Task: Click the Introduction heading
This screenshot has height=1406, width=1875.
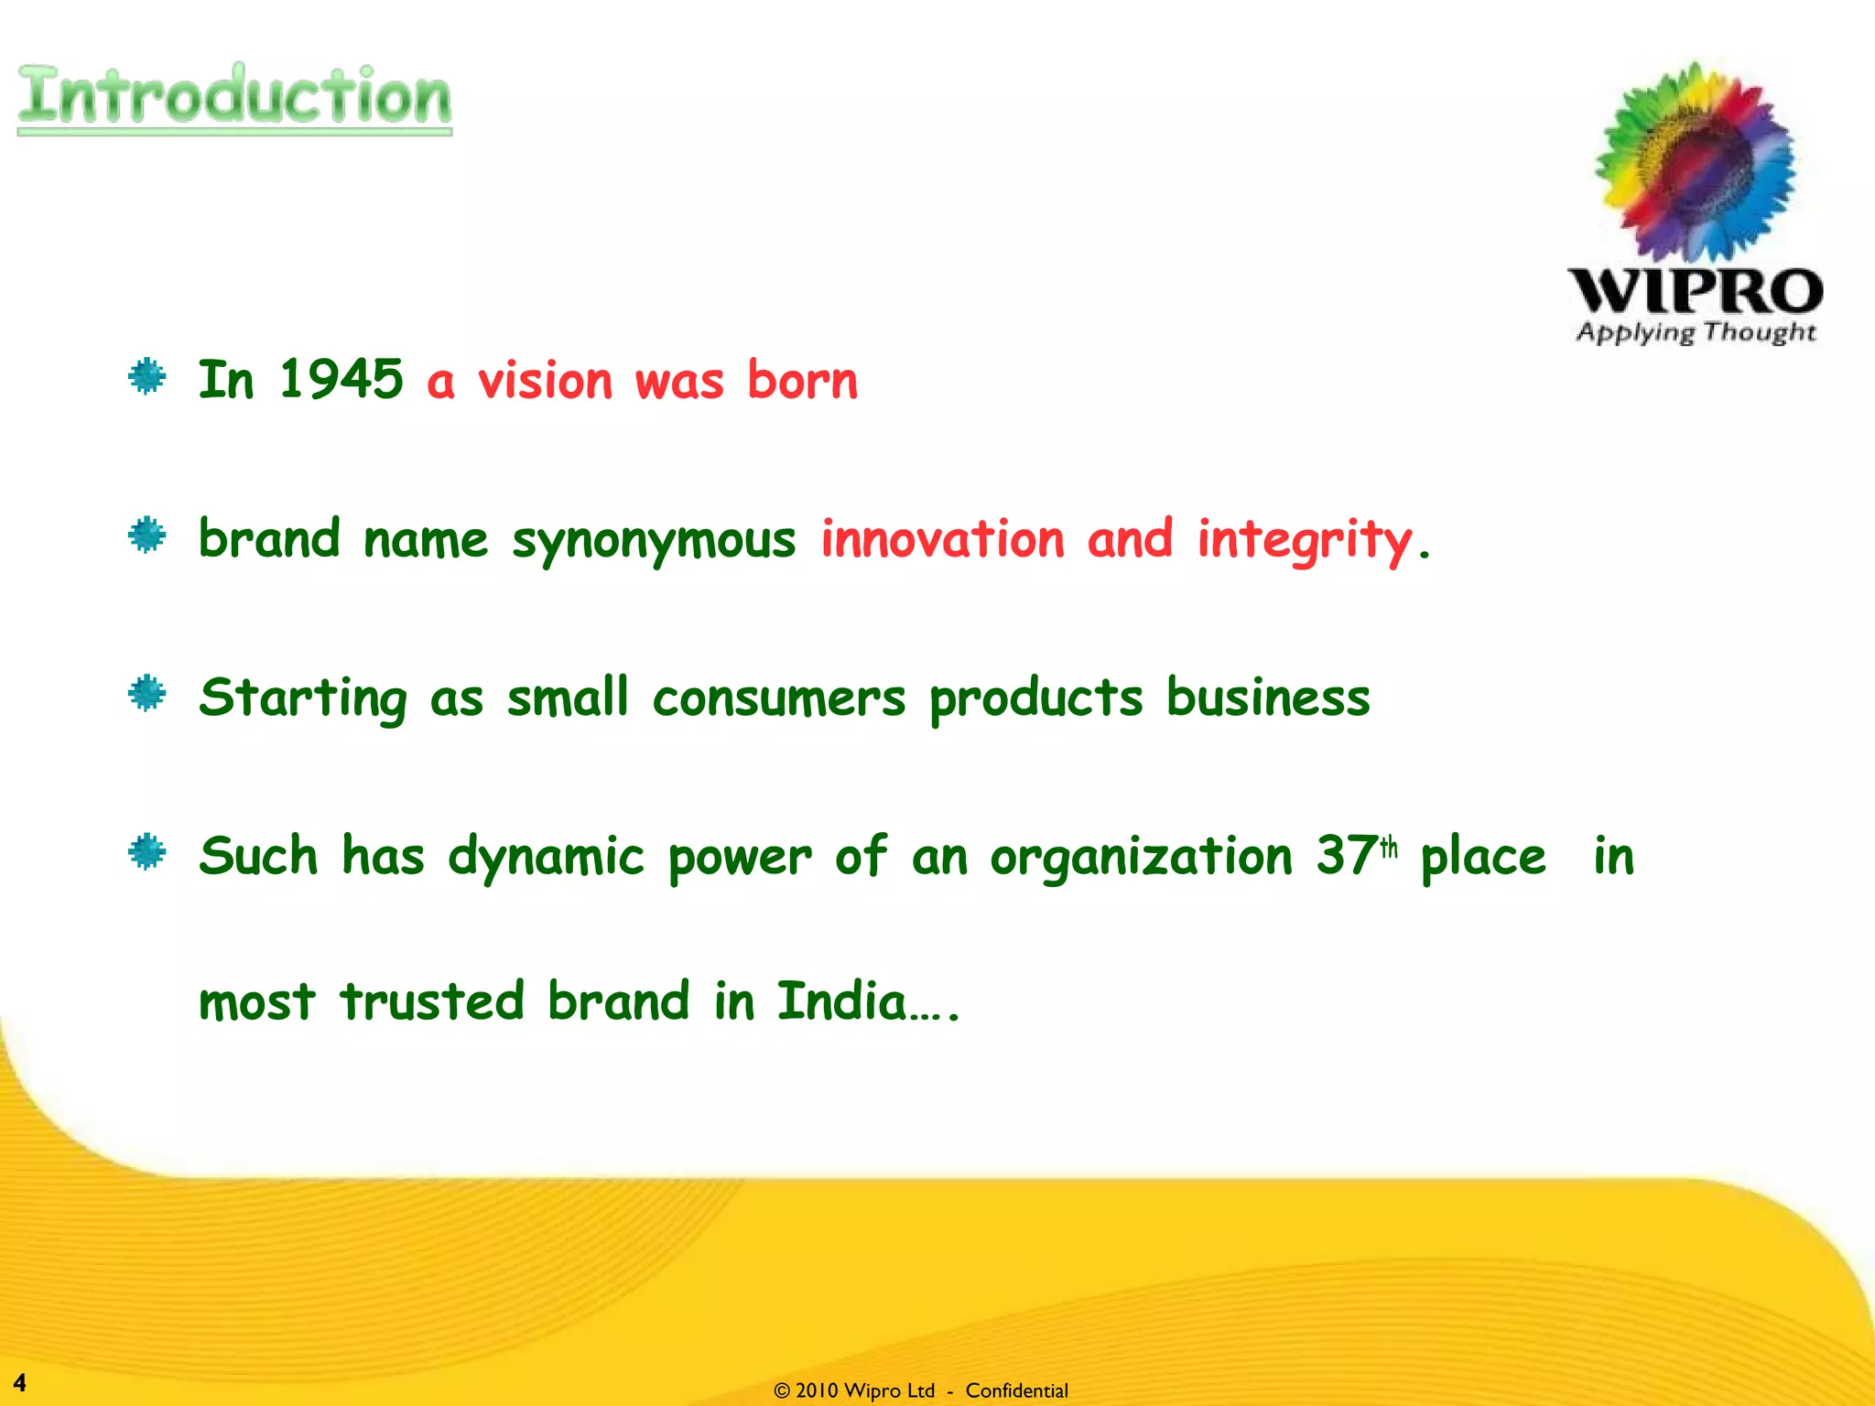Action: coord(234,96)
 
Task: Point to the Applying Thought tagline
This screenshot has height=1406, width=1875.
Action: coord(1696,331)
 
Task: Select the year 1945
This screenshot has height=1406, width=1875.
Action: coord(341,379)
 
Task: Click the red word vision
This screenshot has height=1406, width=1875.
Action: coord(546,381)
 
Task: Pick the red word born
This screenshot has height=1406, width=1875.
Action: coord(803,379)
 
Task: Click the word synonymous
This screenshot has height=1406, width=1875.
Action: coord(654,540)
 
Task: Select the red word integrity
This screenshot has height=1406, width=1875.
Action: coord(1306,540)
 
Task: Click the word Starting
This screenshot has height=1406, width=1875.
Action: coord(303,699)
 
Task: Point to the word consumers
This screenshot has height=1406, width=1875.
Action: coord(779,699)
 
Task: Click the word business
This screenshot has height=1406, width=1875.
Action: coord(1268,698)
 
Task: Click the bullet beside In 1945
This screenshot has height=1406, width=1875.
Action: coord(147,376)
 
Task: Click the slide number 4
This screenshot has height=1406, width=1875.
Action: coord(19,1382)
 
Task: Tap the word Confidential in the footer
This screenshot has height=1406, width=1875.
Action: coord(1016,1390)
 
